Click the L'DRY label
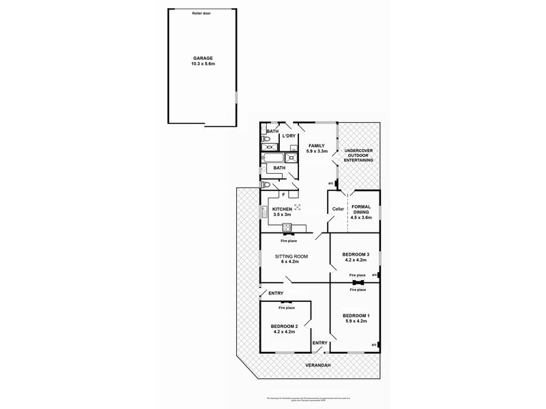(289, 136)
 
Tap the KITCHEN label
(283, 209)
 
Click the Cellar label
(337, 209)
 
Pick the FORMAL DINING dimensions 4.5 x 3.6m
(362, 217)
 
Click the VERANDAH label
(318, 366)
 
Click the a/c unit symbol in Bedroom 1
(375, 346)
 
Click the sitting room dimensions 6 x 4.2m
(292, 261)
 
